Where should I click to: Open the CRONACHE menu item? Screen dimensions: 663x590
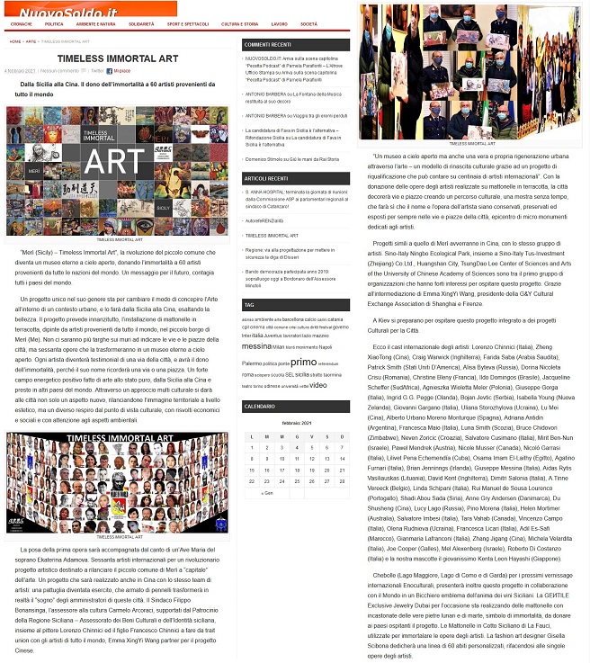tap(18, 23)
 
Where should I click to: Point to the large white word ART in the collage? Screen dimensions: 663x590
tap(117, 162)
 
